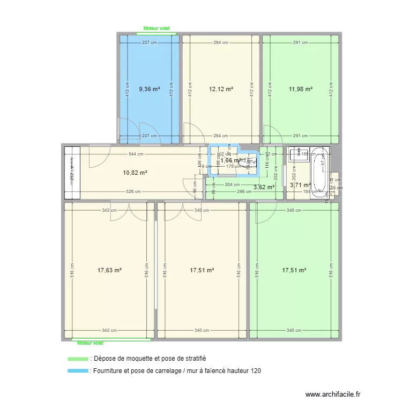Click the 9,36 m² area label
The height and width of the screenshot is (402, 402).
(149, 90)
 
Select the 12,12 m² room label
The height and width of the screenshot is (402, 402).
(221, 90)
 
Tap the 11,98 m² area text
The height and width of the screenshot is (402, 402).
(301, 90)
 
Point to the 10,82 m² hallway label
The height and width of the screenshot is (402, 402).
(135, 173)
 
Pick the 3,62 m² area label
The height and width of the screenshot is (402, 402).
(264, 187)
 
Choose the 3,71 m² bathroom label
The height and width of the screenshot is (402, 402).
(300, 185)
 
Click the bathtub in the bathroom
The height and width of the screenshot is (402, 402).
(320, 169)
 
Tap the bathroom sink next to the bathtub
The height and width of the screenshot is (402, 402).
(297, 155)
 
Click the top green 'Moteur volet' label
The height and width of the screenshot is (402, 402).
(159, 30)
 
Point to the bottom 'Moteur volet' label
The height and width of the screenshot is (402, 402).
(90, 343)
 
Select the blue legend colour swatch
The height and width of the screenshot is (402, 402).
(78, 370)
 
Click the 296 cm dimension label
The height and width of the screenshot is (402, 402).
(244, 191)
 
